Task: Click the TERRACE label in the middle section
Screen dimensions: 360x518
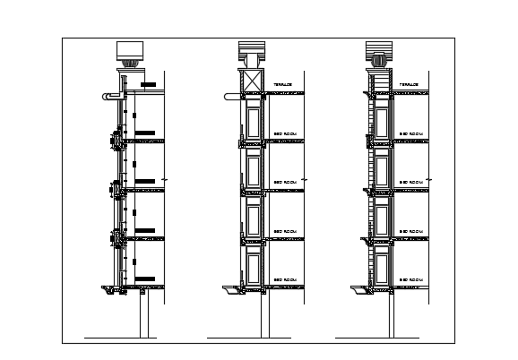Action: pyautogui.click(x=283, y=85)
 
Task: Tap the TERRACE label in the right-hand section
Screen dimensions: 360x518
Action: pyautogui.click(x=410, y=85)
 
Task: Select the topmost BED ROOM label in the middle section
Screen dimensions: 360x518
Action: pyautogui.click(x=285, y=133)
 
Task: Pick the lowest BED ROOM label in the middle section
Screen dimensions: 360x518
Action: pyautogui.click(x=285, y=279)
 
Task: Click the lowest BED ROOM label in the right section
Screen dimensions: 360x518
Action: pyautogui.click(x=411, y=279)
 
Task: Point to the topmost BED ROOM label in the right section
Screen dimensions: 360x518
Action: pyautogui.click(x=411, y=133)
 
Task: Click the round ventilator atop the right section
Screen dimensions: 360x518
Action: pyautogui.click(x=378, y=62)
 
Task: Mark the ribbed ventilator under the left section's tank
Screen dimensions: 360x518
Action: pyautogui.click(x=132, y=64)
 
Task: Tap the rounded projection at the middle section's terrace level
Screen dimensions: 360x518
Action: pyautogui.click(x=235, y=94)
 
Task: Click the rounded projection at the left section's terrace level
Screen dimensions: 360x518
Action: pyautogui.click(x=109, y=94)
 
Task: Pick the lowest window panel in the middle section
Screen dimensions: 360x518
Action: pyautogui.click(x=253, y=266)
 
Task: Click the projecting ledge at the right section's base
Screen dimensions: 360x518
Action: pyautogui.click(x=362, y=289)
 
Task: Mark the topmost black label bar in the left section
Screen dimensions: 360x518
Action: pyautogui.click(x=150, y=85)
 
